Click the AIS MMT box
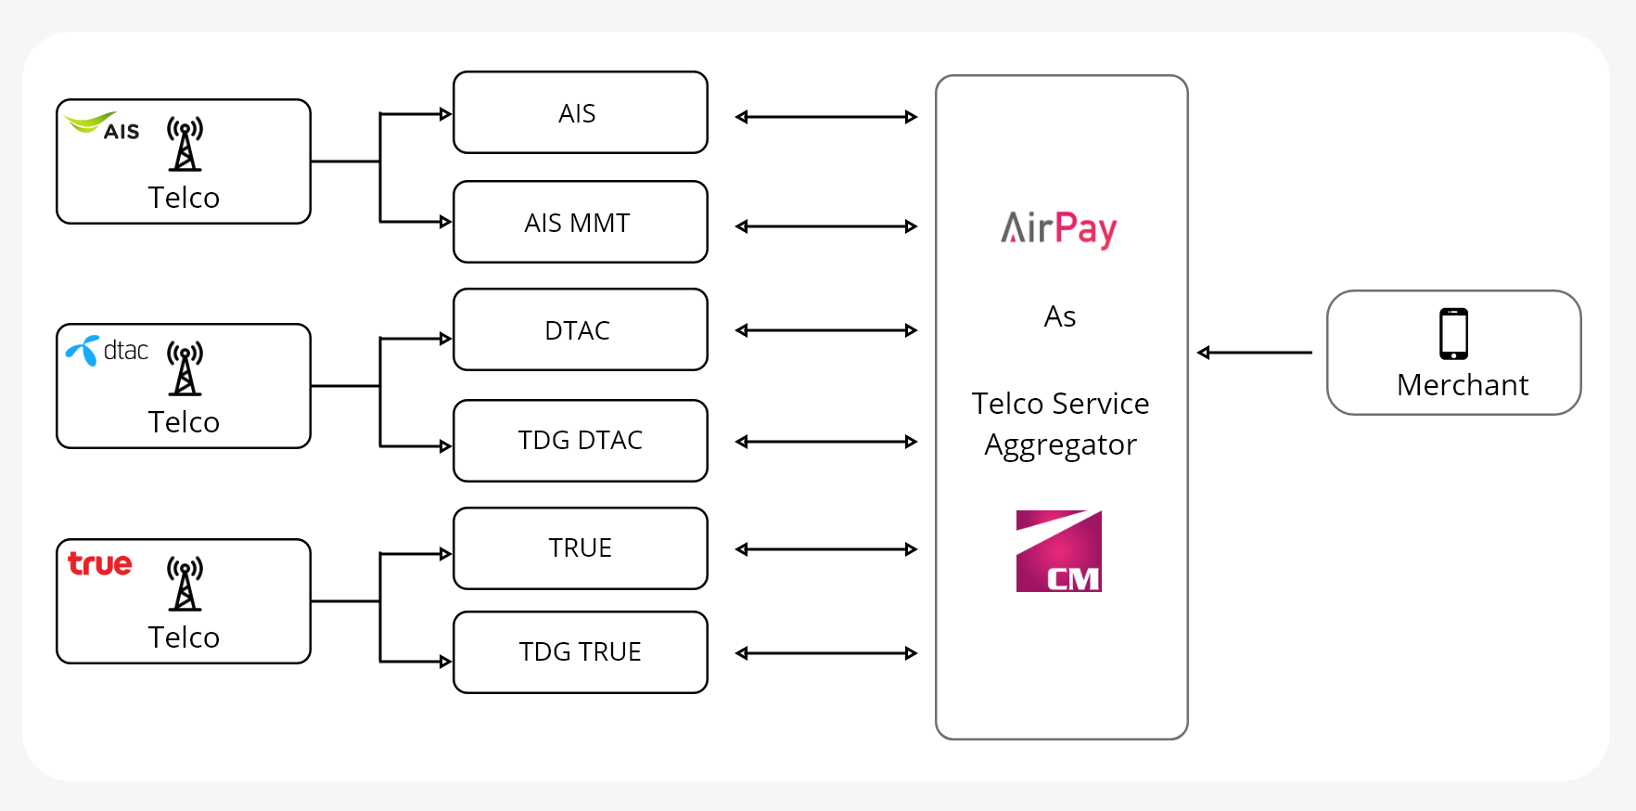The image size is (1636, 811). (x=580, y=222)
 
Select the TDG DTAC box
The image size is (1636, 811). (x=580, y=440)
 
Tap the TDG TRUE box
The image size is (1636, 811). (x=580, y=651)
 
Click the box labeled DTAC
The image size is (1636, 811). (x=580, y=329)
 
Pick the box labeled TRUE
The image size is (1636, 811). (x=580, y=547)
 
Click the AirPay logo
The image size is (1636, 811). (x=1059, y=228)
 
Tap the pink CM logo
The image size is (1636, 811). (x=1058, y=551)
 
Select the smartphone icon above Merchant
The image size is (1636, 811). (x=1453, y=333)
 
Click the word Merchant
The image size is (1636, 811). (x=1462, y=385)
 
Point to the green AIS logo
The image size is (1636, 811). (x=102, y=126)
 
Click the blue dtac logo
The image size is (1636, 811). (x=107, y=350)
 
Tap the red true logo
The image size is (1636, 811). (x=100, y=563)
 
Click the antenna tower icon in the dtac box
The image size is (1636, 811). (x=185, y=367)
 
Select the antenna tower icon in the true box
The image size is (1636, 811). (x=185, y=583)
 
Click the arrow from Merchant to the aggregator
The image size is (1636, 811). (x=1254, y=353)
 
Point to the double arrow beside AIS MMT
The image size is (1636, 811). (x=825, y=226)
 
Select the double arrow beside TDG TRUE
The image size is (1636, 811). (x=825, y=653)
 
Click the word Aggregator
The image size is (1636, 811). (x=1060, y=445)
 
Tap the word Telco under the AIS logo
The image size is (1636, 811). (x=184, y=198)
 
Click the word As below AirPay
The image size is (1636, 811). (x=1059, y=316)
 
